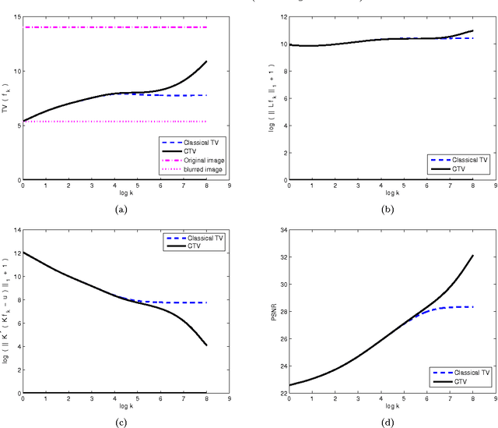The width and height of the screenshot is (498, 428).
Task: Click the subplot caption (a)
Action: click(121, 209)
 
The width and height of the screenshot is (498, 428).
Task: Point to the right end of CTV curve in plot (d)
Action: click(473, 256)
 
